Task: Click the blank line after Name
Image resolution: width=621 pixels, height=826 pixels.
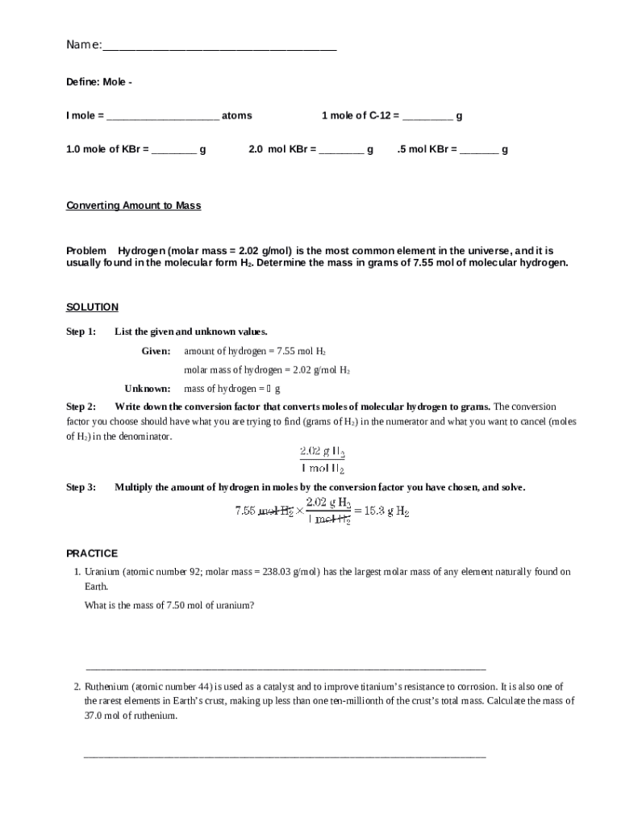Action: click(x=219, y=47)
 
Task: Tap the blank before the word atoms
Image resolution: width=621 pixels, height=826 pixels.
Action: click(x=162, y=117)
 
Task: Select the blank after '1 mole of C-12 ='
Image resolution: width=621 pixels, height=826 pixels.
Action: click(x=427, y=117)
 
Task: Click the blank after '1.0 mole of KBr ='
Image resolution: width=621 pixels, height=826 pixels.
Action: click(x=173, y=151)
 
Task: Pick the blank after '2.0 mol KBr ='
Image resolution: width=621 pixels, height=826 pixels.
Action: click(x=341, y=151)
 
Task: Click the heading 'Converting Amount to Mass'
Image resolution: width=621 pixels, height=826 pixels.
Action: click(x=133, y=206)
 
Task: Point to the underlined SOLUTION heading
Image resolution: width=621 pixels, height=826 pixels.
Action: click(x=92, y=307)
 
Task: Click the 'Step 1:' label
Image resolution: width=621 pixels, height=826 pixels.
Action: click(x=81, y=332)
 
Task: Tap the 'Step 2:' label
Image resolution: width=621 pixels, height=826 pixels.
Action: click(x=81, y=407)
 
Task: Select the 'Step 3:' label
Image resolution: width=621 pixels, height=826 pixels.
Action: click(x=81, y=487)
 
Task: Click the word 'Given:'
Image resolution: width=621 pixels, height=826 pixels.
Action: click(x=156, y=351)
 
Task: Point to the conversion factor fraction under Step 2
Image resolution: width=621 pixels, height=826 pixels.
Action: click(x=323, y=460)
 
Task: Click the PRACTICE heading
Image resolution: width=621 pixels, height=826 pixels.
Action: click(x=92, y=553)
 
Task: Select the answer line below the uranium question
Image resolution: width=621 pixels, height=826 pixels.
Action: click(x=285, y=668)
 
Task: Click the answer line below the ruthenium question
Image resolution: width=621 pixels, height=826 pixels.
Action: click(x=285, y=756)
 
